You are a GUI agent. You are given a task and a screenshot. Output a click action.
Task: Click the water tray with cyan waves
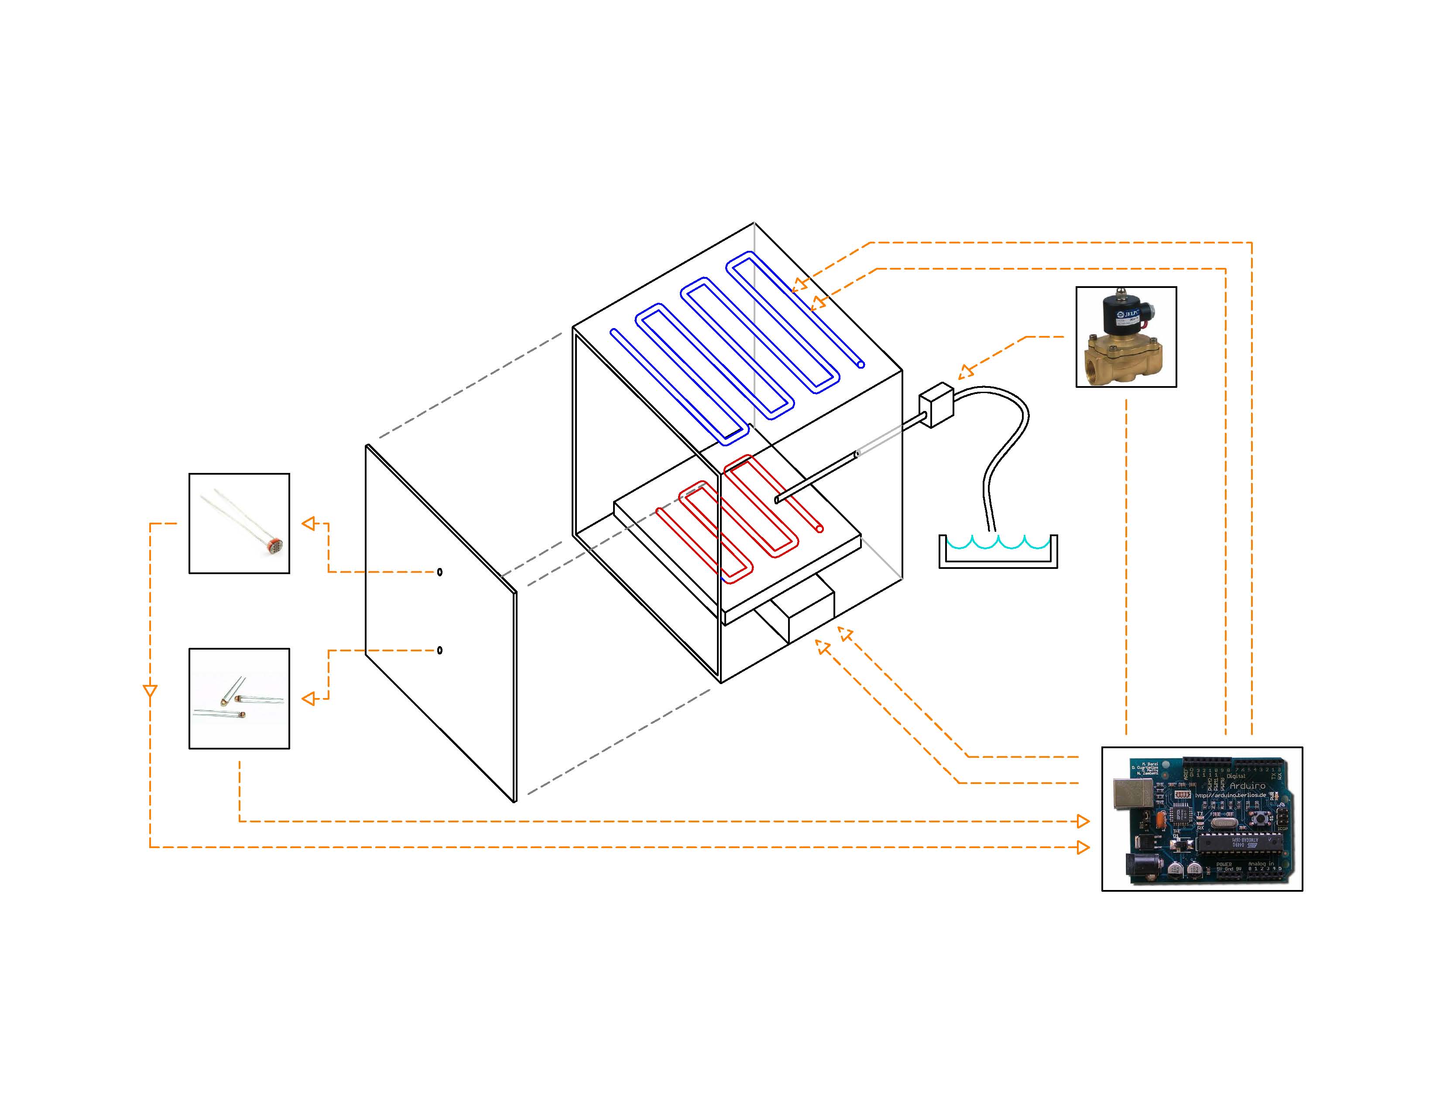click(x=998, y=552)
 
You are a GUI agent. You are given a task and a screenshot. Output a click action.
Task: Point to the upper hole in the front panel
click(x=440, y=572)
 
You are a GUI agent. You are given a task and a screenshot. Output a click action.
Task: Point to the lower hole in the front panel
click(x=440, y=650)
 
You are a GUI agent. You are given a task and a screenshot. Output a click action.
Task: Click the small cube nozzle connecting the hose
click(x=936, y=404)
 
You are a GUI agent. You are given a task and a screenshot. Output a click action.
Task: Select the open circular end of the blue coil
click(x=861, y=364)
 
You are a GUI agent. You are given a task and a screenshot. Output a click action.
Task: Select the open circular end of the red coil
click(x=819, y=528)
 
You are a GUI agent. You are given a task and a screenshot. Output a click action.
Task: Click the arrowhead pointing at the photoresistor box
click(x=309, y=524)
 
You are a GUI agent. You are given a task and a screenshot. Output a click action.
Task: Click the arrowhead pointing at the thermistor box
click(x=309, y=699)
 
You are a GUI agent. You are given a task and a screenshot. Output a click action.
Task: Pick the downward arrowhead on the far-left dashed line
click(x=151, y=691)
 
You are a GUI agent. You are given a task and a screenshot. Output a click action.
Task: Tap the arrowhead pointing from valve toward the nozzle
click(x=965, y=373)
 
